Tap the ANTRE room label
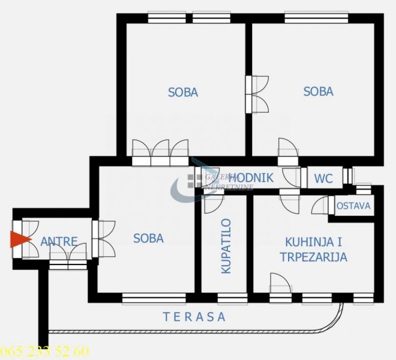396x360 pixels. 59,242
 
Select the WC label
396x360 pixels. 323,179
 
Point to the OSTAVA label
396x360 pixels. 353,206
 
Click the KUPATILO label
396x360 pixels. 226,246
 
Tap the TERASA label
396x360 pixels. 194,317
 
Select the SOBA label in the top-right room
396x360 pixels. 318,92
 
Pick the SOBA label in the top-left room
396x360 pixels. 183,92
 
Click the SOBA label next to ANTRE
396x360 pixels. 148,238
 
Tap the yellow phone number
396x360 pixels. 45,351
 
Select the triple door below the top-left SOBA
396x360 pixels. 161,152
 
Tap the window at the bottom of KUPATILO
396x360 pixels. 232,298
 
